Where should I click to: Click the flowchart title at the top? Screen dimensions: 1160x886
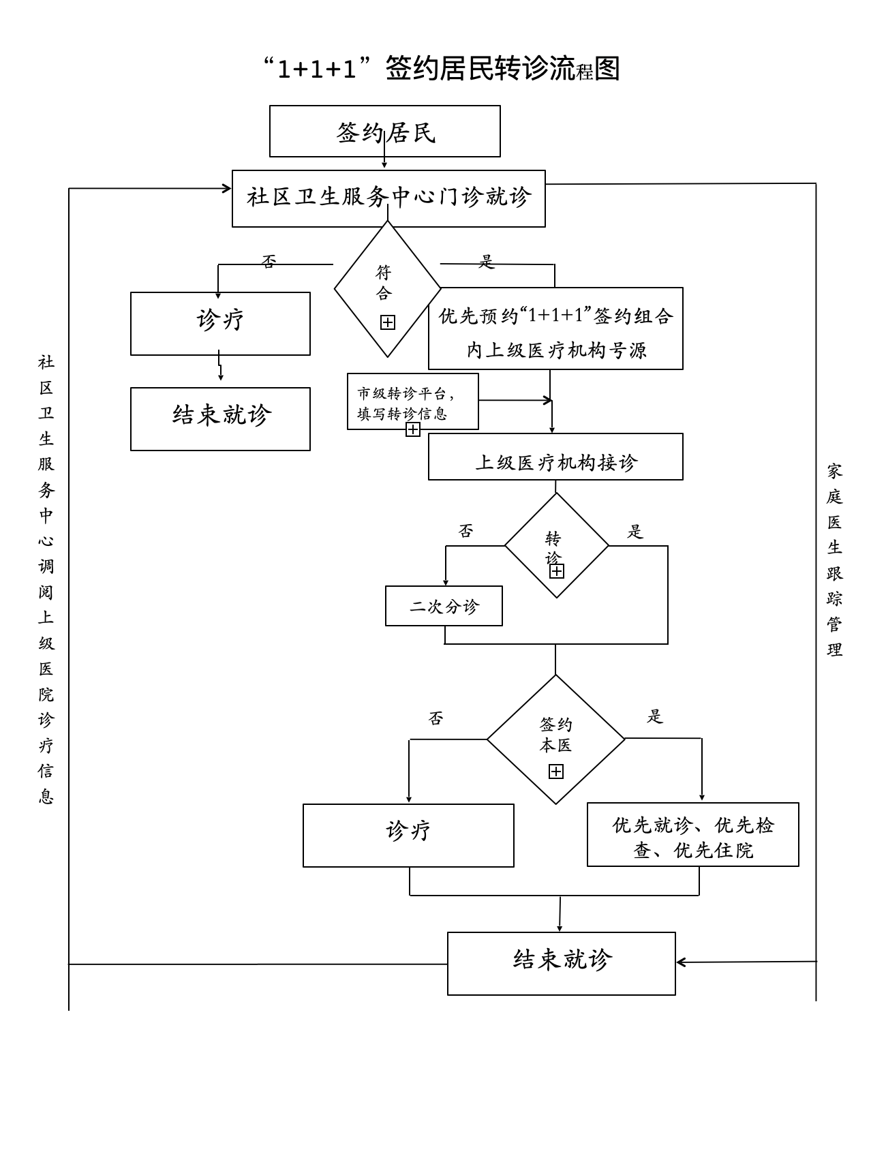[x=442, y=69]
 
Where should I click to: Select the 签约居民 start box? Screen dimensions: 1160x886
[x=385, y=132]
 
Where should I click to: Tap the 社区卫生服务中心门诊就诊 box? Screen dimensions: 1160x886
[x=388, y=198]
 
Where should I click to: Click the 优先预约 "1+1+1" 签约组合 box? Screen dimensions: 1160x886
[x=555, y=329]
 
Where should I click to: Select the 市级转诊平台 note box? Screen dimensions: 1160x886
[x=412, y=401]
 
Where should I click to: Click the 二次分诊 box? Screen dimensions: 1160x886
[x=444, y=606]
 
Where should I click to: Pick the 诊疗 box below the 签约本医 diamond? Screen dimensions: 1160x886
[x=408, y=835]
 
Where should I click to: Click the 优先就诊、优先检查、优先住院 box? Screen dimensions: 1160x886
[x=692, y=835]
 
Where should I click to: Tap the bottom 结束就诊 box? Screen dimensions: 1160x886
[x=561, y=963]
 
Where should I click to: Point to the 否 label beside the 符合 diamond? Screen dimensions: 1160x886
[x=269, y=261]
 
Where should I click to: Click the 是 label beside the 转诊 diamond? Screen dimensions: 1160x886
[x=635, y=532]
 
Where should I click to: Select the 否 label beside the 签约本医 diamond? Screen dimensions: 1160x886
[x=436, y=718]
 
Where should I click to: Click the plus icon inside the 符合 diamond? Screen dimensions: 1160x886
[x=388, y=322]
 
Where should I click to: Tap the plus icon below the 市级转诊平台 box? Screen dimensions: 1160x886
[x=413, y=429]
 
